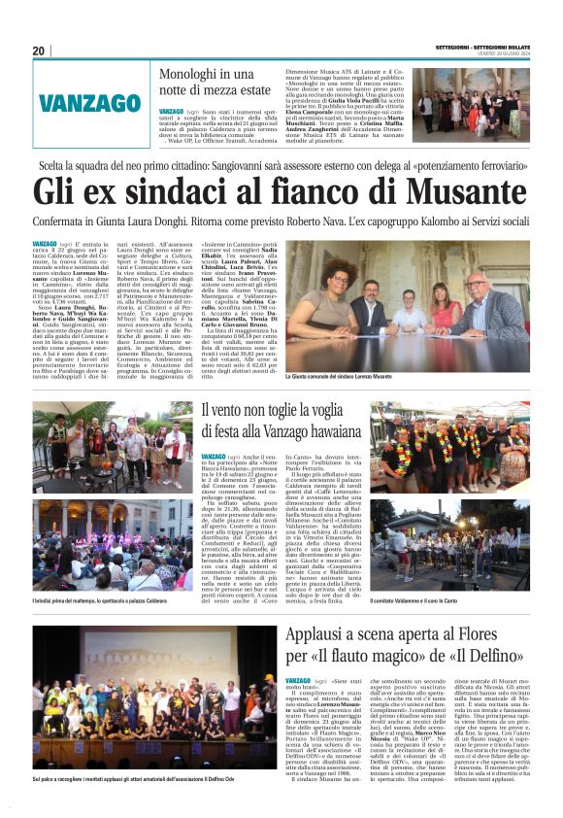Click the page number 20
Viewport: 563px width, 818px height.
tap(39, 51)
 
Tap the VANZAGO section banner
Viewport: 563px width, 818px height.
tap(89, 102)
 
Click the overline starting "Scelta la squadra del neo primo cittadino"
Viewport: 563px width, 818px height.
tap(281, 165)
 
